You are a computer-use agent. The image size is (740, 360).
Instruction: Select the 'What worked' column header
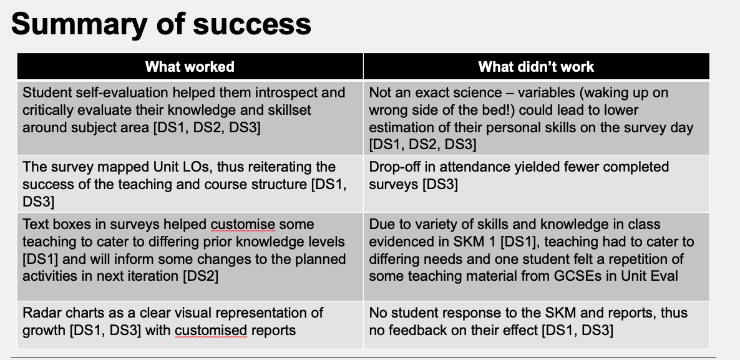click(190, 67)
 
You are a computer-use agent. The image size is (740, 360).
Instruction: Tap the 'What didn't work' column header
click(536, 67)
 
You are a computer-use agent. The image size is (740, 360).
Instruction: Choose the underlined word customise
click(243, 225)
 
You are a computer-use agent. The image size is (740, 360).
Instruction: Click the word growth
click(44, 331)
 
